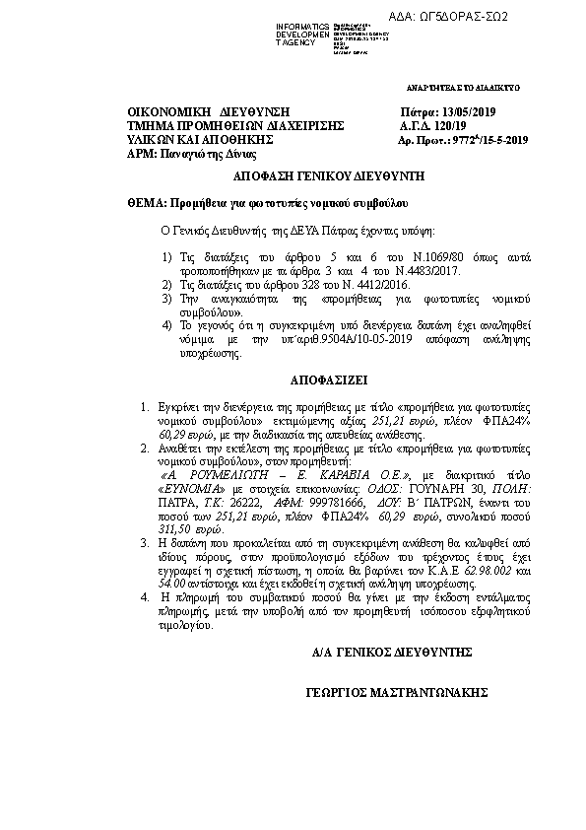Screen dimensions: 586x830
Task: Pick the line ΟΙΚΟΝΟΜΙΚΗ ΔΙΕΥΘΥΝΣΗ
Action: pyautogui.click(x=194, y=113)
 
